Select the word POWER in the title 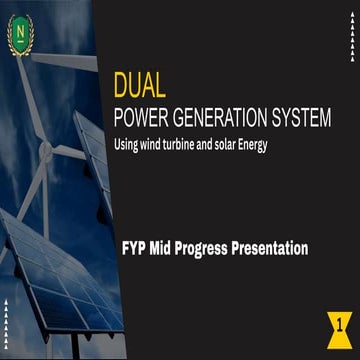pos(141,118)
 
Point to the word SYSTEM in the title pos(299,118)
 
